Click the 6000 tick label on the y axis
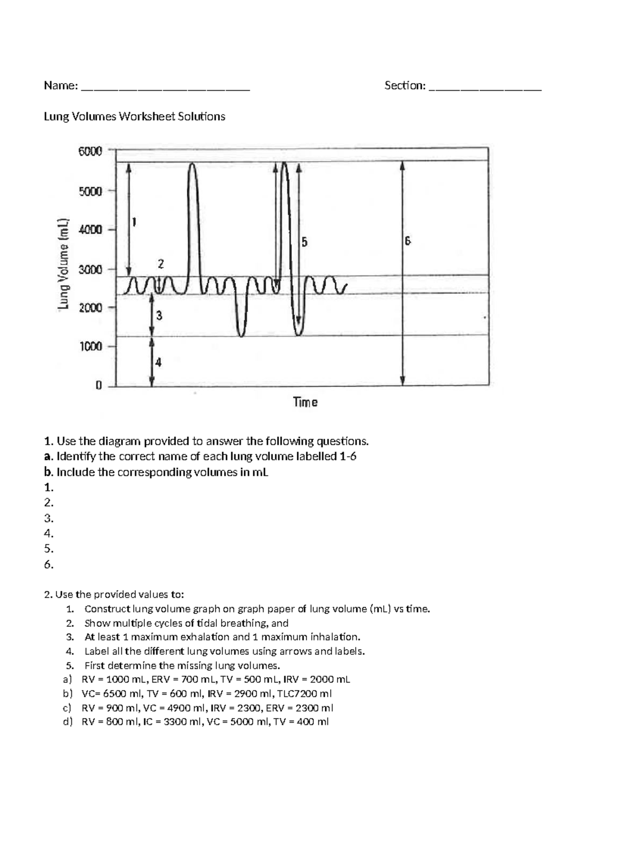coord(90,151)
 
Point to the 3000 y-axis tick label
coord(90,269)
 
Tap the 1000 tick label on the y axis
coord(91,346)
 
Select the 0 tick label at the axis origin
coord(99,385)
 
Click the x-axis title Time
coord(305,402)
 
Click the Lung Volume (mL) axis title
coord(64,264)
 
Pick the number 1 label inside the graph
coord(134,221)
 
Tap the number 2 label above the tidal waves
coord(160,263)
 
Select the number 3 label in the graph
coord(159,316)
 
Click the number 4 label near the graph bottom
coord(158,362)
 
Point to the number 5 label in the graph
coord(304,242)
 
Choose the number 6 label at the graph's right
coord(408,241)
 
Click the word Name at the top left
coord(59,86)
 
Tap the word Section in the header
coord(404,86)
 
